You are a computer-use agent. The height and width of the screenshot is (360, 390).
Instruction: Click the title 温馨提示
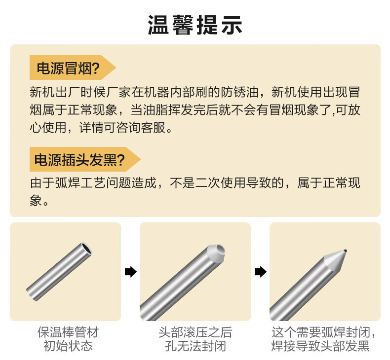coord(195,25)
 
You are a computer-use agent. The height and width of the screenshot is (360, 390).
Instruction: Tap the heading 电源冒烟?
coord(68,68)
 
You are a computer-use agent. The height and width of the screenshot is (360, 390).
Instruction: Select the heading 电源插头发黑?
coord(79,159)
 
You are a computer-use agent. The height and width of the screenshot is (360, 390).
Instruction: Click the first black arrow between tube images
coord(131,272)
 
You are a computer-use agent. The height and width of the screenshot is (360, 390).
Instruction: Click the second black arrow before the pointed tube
coord(261,272)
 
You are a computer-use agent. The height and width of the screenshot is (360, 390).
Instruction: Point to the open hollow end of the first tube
coord(86,249)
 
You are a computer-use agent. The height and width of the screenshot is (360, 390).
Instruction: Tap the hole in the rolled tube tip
coord(220,249)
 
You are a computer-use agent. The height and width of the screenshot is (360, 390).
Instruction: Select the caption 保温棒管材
coord(68,332)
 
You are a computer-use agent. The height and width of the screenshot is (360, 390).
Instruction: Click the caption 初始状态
coord(68,346)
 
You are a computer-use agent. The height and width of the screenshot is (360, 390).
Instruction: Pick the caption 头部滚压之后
coord(195,332)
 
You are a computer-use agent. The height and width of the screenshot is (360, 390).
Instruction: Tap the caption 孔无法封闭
coord(195,346)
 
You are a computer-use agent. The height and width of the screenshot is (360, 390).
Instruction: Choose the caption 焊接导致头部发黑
coord(320,346)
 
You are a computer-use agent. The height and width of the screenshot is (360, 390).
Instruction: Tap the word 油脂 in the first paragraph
coord(156,110)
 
